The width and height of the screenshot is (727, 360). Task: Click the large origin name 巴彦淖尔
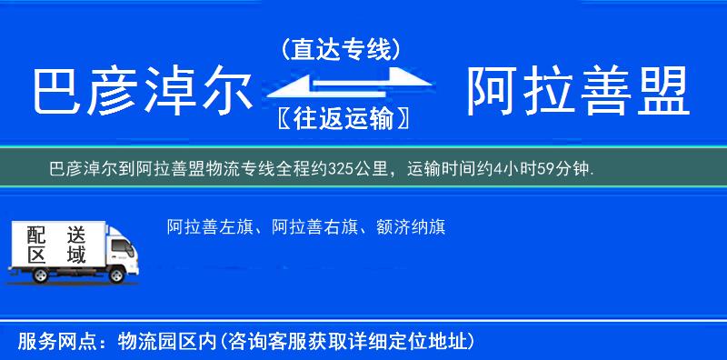[x=141, y=92]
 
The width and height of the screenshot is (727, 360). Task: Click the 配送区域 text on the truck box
[x=56, y=245]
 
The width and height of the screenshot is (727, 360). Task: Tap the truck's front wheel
[x=117, y=275]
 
